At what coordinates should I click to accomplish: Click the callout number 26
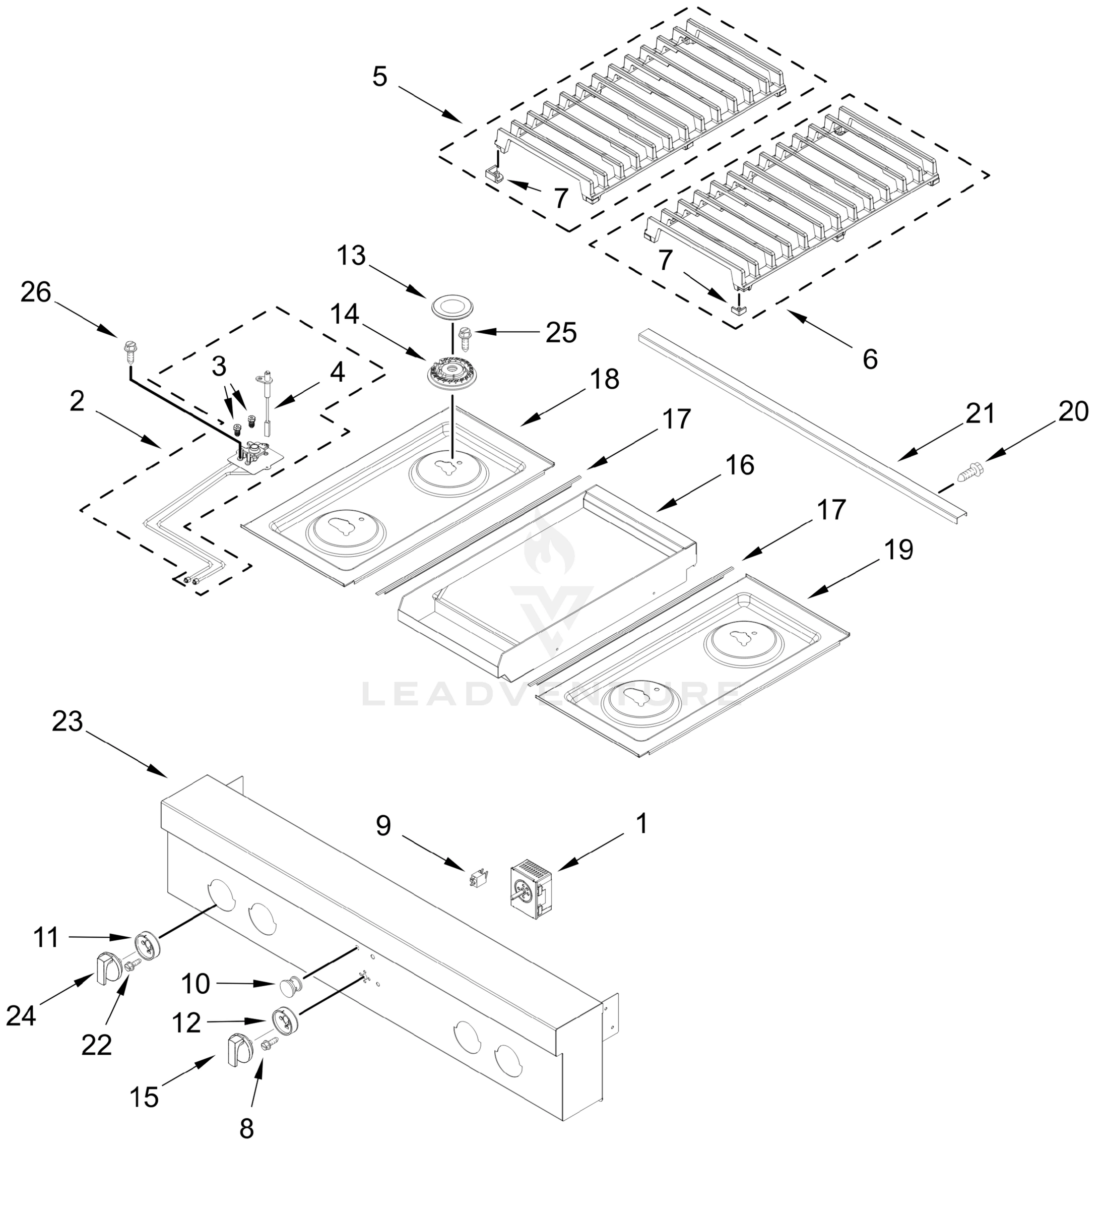click(x=35, y=292)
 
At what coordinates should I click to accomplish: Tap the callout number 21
click(x=980, y=414)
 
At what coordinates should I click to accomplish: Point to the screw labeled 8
click(x=268, y=1044)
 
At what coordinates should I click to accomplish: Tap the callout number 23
click(x=67, y=721)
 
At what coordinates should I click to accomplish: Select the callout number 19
click(x=898, y=550)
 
